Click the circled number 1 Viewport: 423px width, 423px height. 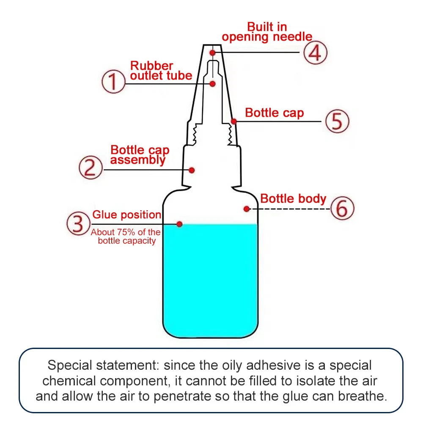point(113,82)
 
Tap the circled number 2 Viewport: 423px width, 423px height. point(91,168)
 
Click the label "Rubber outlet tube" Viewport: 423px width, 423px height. point(161,71)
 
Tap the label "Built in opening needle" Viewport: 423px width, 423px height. point(267,32)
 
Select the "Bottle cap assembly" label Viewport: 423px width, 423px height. point(140,155)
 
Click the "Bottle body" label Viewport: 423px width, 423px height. point(293,199)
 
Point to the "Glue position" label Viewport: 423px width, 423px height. point(126,215)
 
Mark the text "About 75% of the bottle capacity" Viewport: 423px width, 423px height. point(126,236)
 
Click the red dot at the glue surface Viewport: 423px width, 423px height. point(179,224)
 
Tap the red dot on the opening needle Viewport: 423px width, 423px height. point(213,52)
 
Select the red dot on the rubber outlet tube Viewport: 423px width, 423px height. point(213,84)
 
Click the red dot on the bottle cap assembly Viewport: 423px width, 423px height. point(192,170)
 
